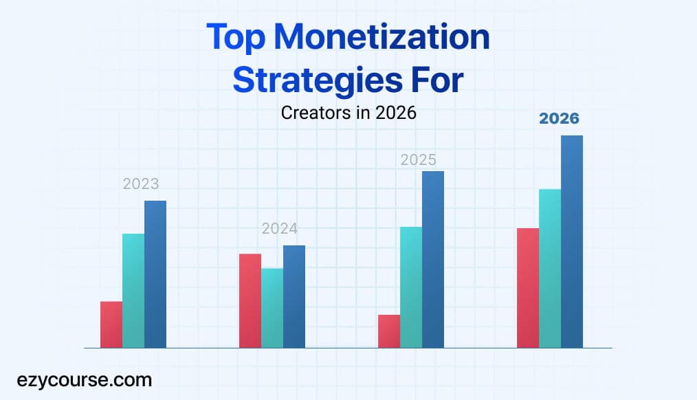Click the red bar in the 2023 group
pos(111,324)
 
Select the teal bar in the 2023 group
pos(133,291)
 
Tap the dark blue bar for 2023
pos(155,274)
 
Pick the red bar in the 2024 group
pos(250,301)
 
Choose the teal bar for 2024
pos(272,308)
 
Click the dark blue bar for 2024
pos(294,297)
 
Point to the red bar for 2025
pos(389,331)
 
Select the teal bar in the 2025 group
pos(411,287)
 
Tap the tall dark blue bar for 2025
pos(433,259)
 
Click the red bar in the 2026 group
pos(528,288)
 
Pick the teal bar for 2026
pos(550,268)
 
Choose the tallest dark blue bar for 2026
pos(572,241)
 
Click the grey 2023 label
pos(141,184)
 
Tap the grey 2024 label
pos(280,229)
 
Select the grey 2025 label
pos(419,160)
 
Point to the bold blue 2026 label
pos(559,119)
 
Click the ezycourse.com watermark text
pos(85,379)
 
